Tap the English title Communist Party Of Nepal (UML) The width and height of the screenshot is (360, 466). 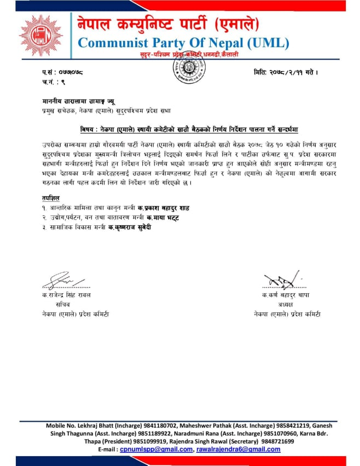(183, 43)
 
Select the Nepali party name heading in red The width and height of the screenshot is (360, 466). (168, 24)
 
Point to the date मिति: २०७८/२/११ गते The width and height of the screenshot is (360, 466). (286, 72)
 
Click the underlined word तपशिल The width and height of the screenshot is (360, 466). (50, 198)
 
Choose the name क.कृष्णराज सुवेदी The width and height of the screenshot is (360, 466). (129, 227)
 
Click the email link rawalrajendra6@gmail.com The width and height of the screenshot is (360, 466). (238, 449)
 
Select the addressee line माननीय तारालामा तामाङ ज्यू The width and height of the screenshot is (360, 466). (76, 102)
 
